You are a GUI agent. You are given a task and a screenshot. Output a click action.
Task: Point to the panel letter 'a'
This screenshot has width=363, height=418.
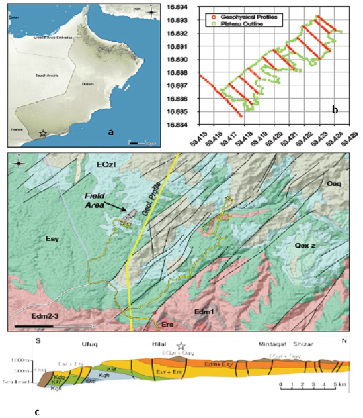110,132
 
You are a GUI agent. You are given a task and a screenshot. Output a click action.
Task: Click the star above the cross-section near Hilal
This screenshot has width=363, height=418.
181,346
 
